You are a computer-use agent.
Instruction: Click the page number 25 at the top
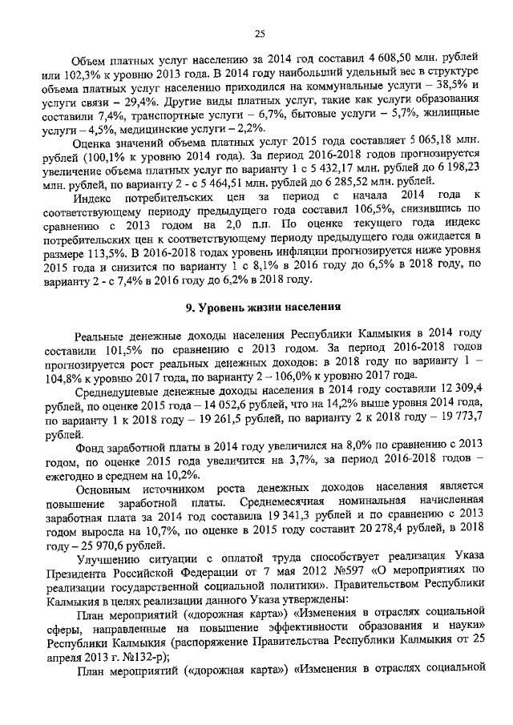tap(259, 33)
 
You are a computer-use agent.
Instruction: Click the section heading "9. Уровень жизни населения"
tap(258, 305)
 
